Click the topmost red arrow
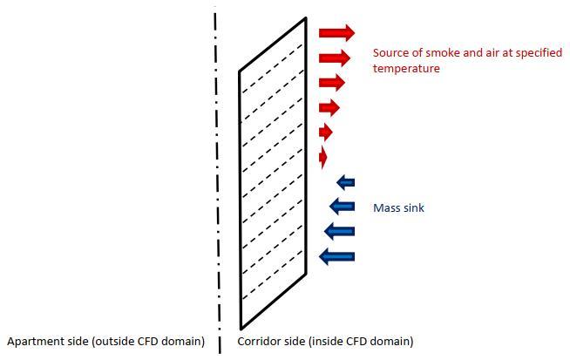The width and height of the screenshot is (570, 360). (336, 33)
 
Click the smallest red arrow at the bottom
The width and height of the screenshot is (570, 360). (323, 157)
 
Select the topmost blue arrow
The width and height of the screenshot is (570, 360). (346, 182)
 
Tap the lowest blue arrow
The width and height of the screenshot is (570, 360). (337, 256)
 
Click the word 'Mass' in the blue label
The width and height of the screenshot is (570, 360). (386, 208)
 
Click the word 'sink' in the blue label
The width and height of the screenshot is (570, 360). (413, 208)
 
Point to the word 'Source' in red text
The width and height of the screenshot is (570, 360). (390, 53)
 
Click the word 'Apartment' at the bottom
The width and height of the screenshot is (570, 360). (34, 342)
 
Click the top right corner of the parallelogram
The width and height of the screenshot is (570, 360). (305, 18)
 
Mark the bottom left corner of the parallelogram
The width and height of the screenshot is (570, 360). (241, 325)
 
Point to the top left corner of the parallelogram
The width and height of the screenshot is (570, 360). (241, 71)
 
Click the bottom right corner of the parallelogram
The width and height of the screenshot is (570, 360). (306, 272)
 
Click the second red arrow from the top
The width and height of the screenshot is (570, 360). (335, 58)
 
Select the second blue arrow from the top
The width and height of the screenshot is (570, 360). (343, 207)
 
